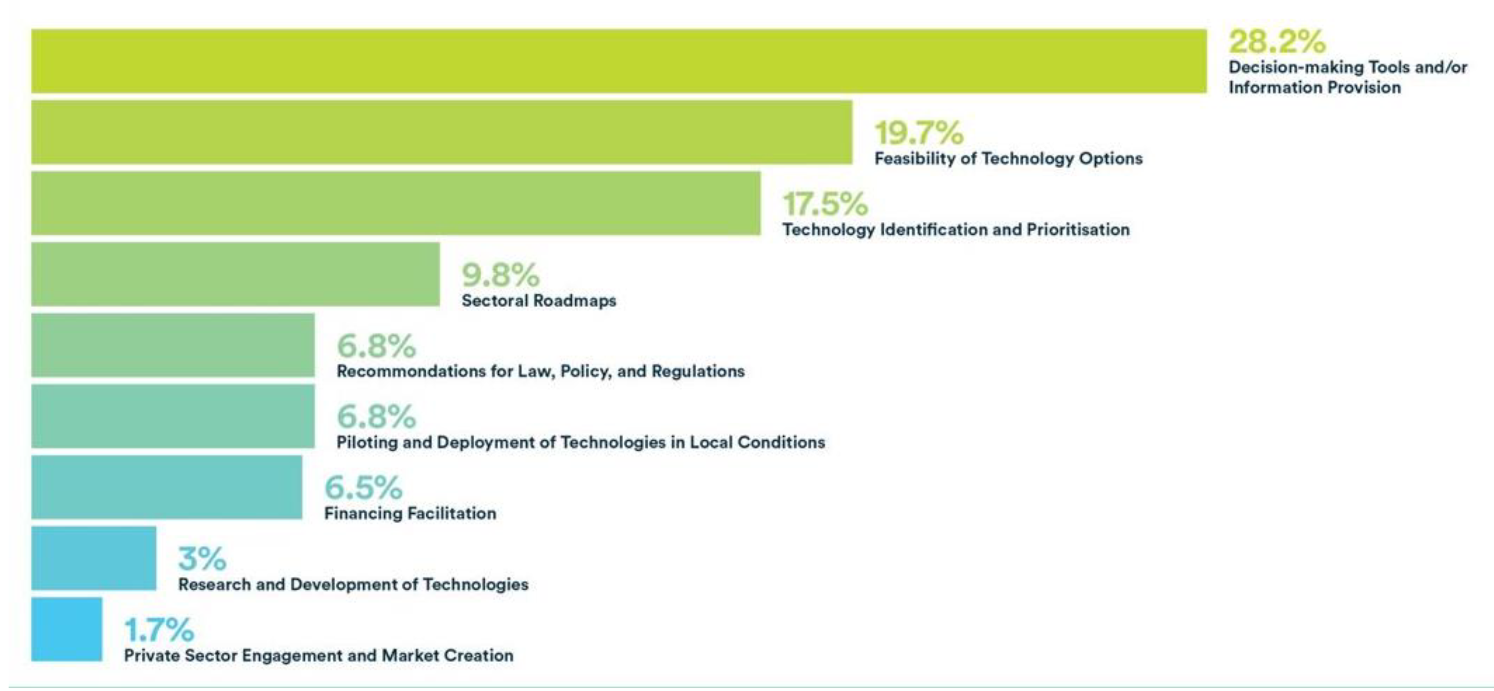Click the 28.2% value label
(x=1277, y=42)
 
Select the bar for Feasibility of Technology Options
(x=441, y=132)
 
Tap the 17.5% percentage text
(x=825, y=203)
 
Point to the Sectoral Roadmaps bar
(x=235, y=274)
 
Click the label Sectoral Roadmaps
(x=539, y=301)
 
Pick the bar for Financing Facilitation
(x=167, y=487)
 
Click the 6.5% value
(x=363, y=487)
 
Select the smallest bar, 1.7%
(x=67, y=629)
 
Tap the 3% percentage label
(x=202, y=558)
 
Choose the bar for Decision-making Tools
(x=619, y=61)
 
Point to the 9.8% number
(x=500, y=275)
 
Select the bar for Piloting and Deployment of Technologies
(x=173, y=416)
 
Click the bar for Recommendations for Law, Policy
(x=173, y=345)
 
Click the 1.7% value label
(x=159, y=630)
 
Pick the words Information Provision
(x=1314, y=88)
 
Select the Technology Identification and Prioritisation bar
(x=396, y=203)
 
